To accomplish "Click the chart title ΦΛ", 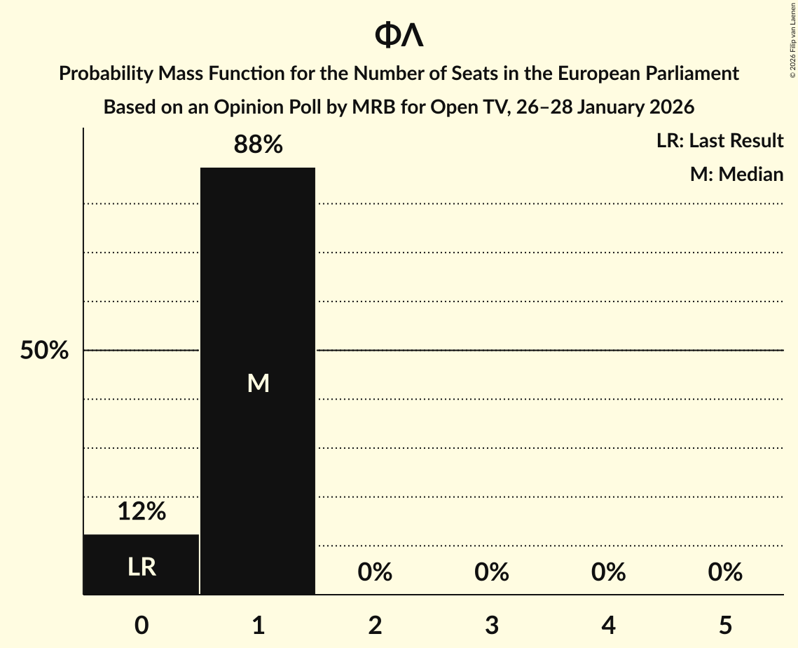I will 399,35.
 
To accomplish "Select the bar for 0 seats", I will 142,565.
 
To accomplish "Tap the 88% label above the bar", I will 258,145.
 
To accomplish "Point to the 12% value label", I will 142,512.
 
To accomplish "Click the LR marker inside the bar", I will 142,567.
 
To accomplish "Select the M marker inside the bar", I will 258,383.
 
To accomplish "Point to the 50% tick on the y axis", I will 43,351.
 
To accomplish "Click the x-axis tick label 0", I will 142,626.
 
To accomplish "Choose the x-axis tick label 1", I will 258,626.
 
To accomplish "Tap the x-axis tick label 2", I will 375,626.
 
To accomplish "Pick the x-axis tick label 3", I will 491,626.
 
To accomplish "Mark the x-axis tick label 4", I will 608,626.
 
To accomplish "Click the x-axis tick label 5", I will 724,626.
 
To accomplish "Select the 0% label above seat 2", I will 375,572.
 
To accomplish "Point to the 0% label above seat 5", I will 724,572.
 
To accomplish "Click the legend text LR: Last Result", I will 720,141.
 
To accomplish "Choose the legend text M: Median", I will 736,174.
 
